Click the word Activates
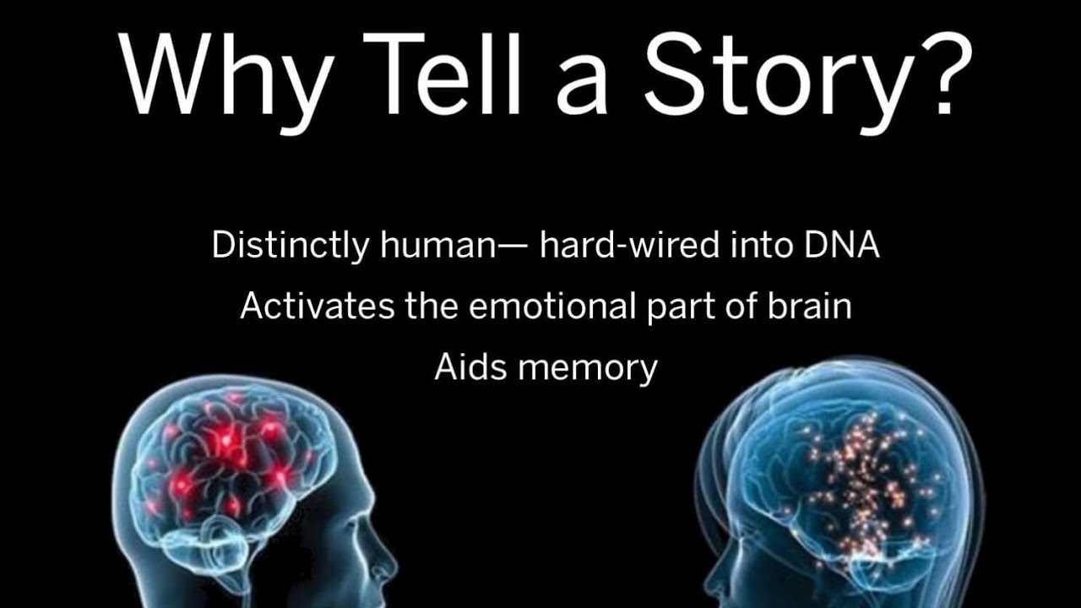[316, 306]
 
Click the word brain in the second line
[809, 306]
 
